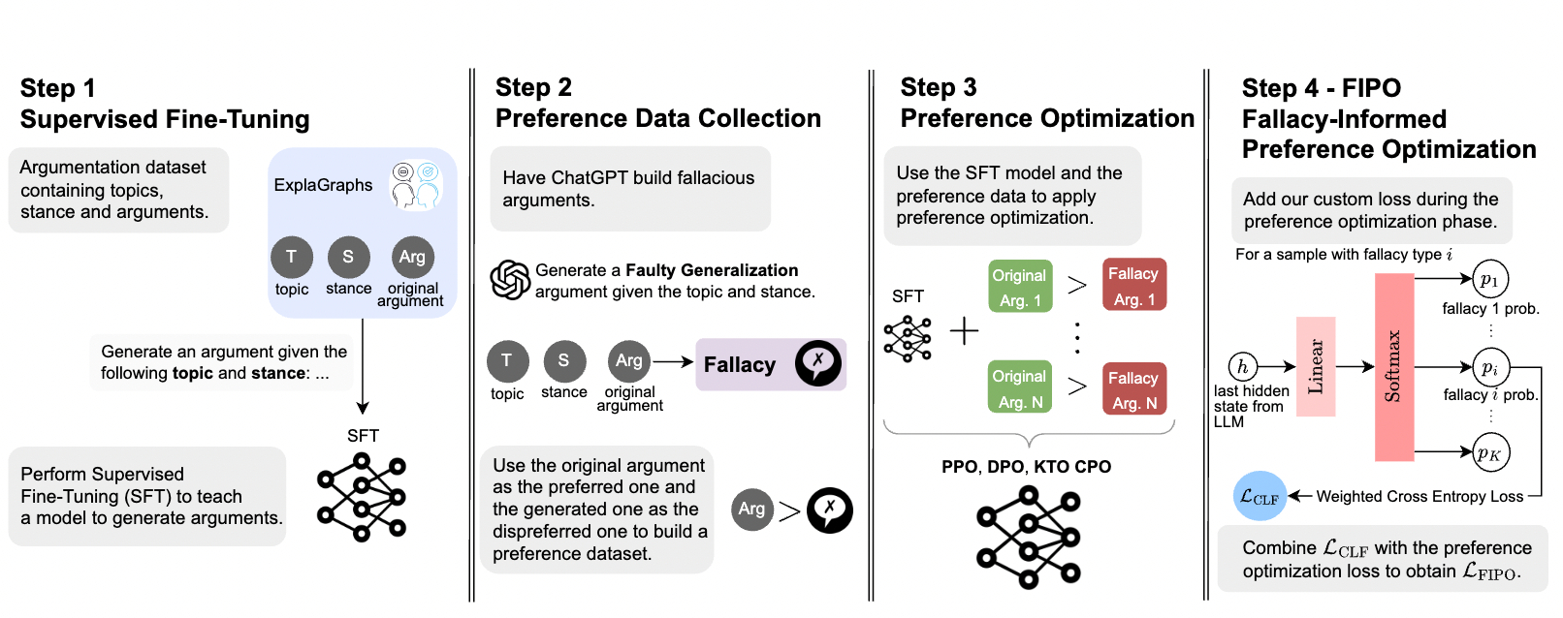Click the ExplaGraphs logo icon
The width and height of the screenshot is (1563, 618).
tap(416, 185)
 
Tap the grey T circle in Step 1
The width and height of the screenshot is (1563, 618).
tap(291, 257)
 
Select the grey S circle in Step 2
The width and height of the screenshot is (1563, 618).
tap(563, 360)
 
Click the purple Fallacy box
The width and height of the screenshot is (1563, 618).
tap(771, 364)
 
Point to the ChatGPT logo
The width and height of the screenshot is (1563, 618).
tap(510, 280)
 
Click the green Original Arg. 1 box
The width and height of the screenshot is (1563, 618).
tap(1020, 287)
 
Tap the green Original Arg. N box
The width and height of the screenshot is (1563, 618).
tap(1020, 388)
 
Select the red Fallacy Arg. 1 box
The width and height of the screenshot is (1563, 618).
tap(1133, 285)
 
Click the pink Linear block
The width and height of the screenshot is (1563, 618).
tap(1316, 366)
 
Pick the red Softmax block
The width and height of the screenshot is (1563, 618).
tap(1393, 367)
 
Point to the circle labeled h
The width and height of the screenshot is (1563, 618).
tap(1242, 366)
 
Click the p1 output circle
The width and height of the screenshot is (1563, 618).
tap(1489, 280)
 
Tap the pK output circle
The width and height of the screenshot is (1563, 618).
tap(1489, 452)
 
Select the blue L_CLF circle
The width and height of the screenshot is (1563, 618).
tap(1260, 497)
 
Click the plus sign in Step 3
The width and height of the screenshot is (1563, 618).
tap(964, 331)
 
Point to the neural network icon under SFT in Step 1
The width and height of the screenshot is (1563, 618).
tap(362, 497)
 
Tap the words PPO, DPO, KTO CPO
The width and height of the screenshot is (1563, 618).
tap(1026, 467)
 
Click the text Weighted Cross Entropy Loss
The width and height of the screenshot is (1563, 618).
tap(1419, 497)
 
